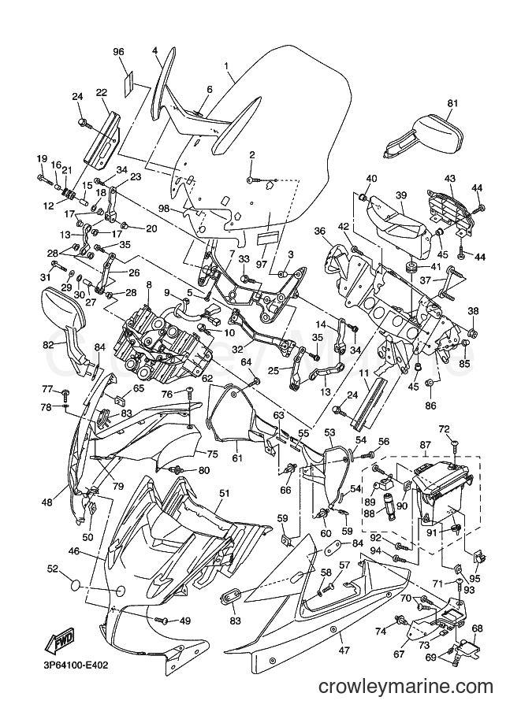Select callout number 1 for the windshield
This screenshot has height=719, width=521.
(x=226, y=65)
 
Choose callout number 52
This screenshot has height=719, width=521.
(x=54, y=569)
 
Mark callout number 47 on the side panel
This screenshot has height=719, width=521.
(x=344, y=650)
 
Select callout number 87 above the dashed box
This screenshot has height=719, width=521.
(x=425, y=445)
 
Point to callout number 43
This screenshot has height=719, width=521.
(x=449, y=178)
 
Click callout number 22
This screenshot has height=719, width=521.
(x=101, y=92)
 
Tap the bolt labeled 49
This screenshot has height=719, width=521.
(x=162, y=620)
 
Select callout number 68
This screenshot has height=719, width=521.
(x=477, y=628)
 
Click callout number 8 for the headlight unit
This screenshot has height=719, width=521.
(x=149, y=285)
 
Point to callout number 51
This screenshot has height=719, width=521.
(x=224, y=494)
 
